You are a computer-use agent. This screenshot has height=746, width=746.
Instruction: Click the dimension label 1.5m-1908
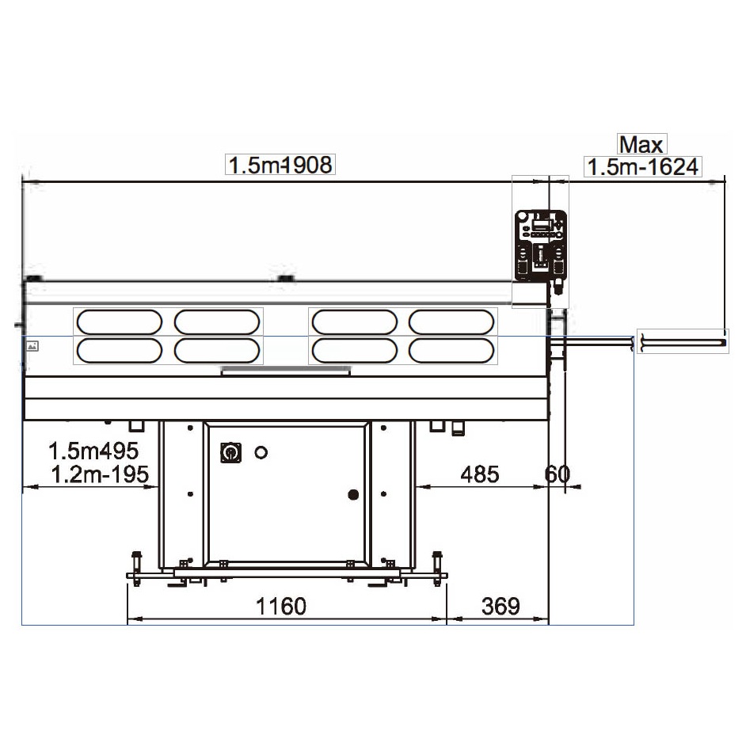point(280,165)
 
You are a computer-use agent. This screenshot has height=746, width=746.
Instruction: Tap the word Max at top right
point(641,145)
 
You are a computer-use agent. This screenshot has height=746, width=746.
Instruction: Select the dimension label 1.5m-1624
point(643,167)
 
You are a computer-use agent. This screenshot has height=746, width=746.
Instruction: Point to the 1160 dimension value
point(280,606)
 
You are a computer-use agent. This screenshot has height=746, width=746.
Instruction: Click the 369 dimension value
point(501,606)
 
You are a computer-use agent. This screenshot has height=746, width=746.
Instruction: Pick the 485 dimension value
point(480,474)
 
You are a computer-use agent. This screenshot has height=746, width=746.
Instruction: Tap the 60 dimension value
point(557,474)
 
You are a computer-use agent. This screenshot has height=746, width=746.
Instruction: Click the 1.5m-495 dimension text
point(93,451)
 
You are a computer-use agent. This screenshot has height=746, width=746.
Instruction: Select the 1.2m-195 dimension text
point(100,474)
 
